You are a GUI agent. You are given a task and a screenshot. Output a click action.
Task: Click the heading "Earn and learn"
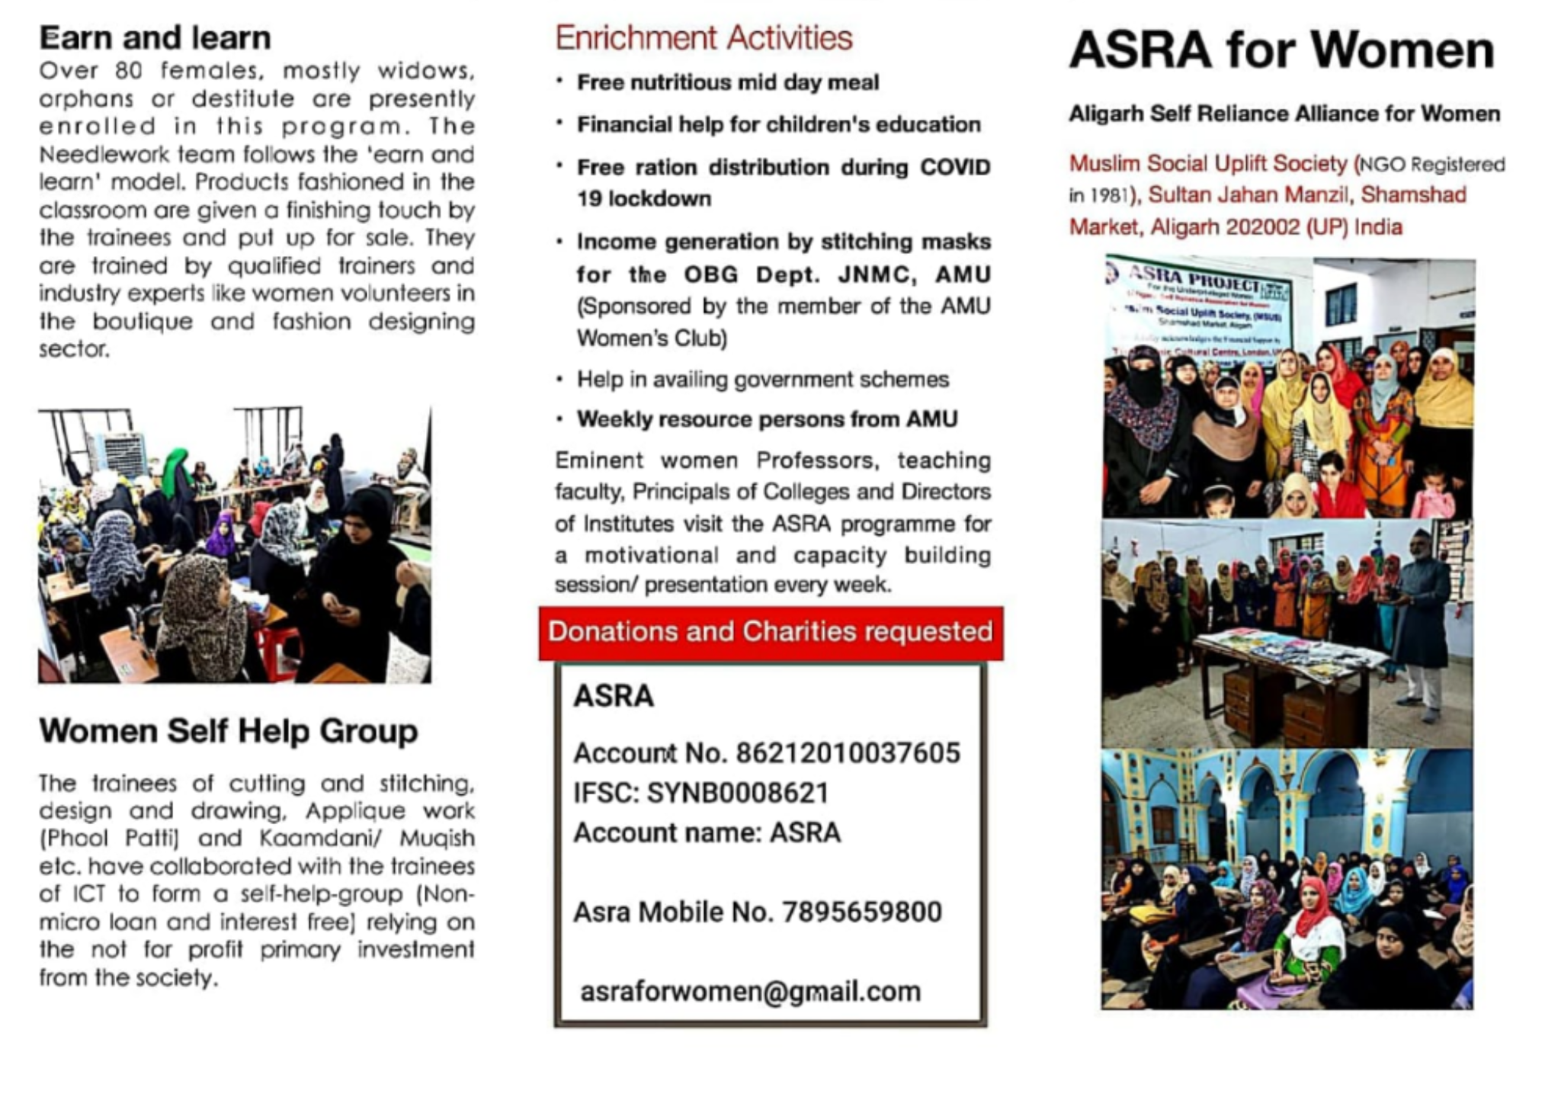click(155, 37)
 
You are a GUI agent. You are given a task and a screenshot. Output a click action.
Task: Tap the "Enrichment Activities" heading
click(703, 38)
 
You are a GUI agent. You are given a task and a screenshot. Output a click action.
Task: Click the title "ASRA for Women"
click(1281, 50)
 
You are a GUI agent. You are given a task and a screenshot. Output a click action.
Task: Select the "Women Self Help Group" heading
click(228, 730)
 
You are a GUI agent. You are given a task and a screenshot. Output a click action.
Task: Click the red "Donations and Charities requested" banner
click(770, 632)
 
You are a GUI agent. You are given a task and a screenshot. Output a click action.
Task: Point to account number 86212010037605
click(847, 753)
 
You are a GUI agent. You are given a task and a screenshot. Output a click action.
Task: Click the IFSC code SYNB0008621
click(737, 793)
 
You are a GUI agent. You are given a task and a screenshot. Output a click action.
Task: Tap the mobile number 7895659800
click(861, 912)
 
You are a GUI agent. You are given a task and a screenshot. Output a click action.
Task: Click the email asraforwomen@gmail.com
click(750, 991)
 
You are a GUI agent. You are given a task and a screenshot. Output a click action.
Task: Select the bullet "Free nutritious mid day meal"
click(727, 82)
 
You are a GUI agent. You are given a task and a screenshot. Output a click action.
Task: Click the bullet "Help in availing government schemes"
click(762, 379)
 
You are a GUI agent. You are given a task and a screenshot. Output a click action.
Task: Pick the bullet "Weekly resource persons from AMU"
click(767, 419)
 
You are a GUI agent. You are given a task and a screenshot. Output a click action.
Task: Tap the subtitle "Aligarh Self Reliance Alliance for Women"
click(1284, 114)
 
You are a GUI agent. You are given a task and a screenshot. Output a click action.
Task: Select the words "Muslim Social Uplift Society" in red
click(1207, 164)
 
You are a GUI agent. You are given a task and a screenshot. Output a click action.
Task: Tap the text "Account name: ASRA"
click(707, 832)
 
